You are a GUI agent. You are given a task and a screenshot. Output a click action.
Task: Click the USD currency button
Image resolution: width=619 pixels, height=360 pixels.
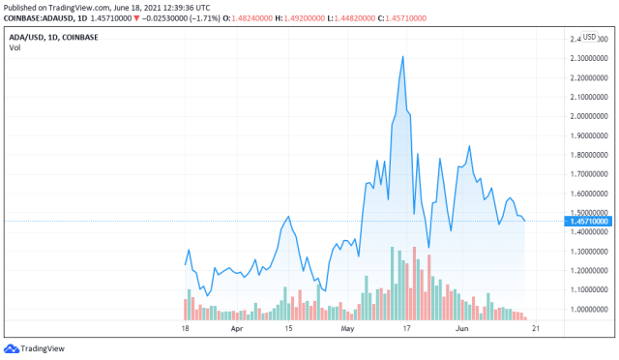point(589,37)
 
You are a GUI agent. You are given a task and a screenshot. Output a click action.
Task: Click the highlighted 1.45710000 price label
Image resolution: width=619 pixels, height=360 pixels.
point(589,222)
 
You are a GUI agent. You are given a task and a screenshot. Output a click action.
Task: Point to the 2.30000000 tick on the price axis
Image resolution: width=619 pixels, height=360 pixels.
point(588,58)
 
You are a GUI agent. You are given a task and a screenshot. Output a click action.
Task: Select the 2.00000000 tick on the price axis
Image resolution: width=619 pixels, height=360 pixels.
point(588,116)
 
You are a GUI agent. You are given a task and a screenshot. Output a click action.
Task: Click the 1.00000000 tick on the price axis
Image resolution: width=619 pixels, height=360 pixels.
point(588,309)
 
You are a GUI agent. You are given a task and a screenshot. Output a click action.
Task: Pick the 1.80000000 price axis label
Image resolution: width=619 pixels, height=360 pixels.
point(588,155)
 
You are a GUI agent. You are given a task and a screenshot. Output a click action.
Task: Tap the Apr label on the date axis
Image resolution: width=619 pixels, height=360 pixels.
point(237,329)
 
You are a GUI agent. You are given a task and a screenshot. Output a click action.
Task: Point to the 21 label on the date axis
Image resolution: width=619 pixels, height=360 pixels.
point(535,329)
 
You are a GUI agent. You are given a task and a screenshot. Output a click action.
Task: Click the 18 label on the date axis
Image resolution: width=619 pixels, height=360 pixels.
point(185,329)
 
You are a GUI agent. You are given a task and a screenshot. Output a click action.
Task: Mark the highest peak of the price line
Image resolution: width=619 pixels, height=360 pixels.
point(402,56)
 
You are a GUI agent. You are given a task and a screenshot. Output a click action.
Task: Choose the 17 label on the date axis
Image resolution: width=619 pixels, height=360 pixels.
point(407,329)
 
